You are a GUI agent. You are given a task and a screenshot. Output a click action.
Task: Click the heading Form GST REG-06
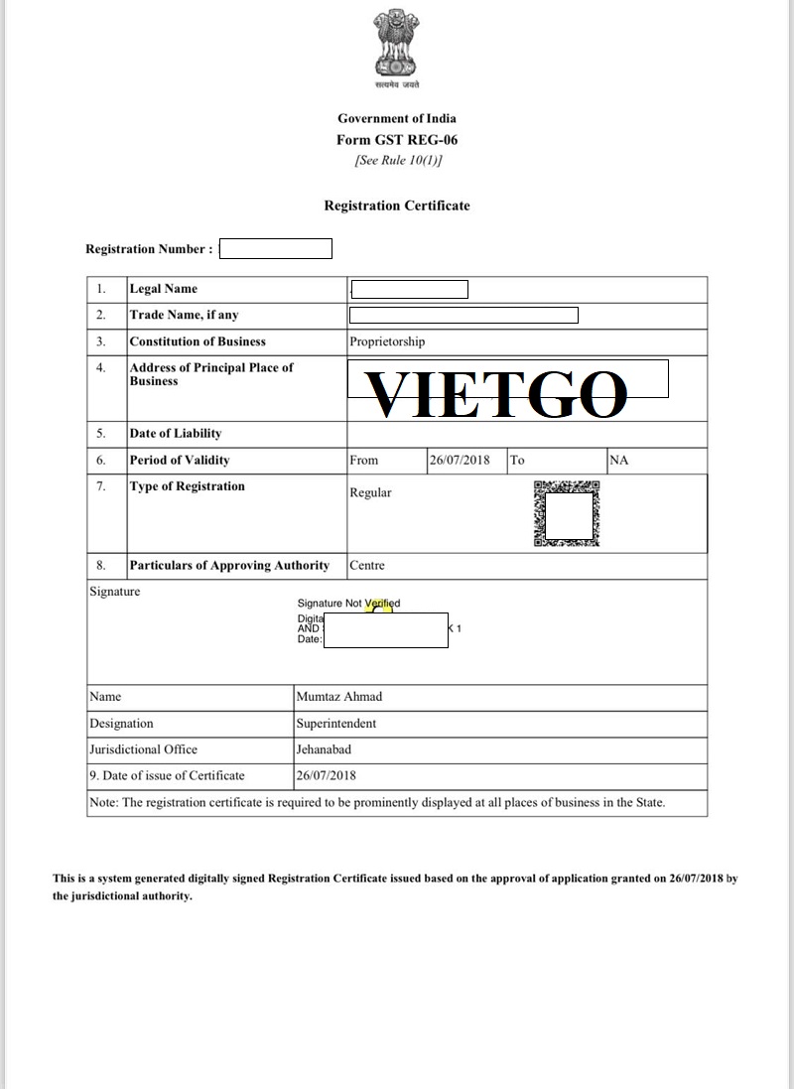[x=397, y=140]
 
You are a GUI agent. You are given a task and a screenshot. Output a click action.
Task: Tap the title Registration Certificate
[x=397, y=205]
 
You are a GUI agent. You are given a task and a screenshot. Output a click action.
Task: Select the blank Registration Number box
[x=275, y=249]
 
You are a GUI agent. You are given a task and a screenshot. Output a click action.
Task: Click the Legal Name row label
[x=164, y=289]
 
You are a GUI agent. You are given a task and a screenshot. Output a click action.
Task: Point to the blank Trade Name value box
[x=463, y=316]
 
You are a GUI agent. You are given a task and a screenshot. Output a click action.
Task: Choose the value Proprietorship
[x=387, y=341]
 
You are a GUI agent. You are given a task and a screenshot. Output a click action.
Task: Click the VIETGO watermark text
[x=498, y=394]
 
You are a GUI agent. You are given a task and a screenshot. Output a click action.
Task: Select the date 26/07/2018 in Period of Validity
[x=460, y=461]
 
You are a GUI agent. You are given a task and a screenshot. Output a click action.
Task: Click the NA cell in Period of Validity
[x=619, y=461]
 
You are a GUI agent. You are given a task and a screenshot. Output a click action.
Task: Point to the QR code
[x=567, y=514]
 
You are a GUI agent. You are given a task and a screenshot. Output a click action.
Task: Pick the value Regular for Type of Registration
[x=370, y=492]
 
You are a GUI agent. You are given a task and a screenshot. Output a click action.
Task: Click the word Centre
[x=367, y=566]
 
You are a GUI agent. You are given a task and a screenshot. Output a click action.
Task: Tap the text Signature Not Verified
[x=348, y=604]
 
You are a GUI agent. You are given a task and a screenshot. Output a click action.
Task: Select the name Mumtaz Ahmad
[x=338, y=697]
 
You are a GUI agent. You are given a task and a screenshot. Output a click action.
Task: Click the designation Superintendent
[x=336, y=724]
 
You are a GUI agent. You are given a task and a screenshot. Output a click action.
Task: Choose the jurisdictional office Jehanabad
[x=324, y=749]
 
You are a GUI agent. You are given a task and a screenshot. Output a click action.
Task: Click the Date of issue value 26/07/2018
[x=326, y=775]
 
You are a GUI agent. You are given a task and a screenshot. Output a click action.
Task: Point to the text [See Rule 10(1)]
[x=397, y=160]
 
